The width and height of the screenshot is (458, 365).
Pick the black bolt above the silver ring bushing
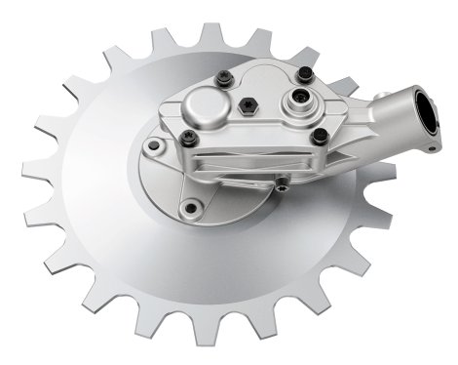(x=305, y=74)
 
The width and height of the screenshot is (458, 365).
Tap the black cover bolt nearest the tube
(x=319, y=136)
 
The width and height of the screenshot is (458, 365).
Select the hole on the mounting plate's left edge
(x=152, y=146)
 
